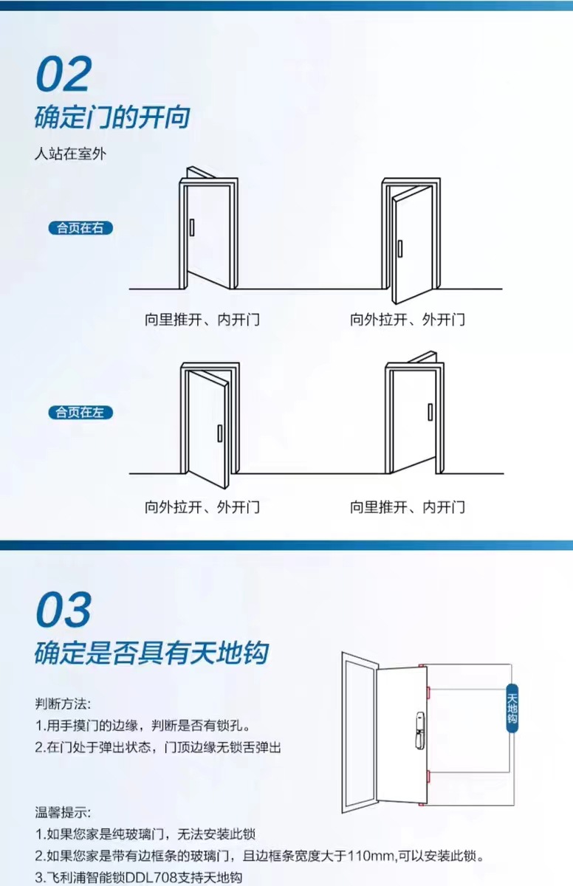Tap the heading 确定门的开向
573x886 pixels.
tap(112, 118)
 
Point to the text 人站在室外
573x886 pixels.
tap(72, 155)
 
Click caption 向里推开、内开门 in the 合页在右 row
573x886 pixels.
tap(202, 320)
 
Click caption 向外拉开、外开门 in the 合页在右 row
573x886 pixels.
tap(407, 320)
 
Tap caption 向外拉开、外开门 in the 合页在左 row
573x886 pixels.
tap(202, 507)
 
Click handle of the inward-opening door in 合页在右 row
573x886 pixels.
tap(191, 227)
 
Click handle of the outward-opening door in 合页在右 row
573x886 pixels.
tap(399, 250)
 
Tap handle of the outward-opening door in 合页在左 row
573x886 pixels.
tap(219, 433)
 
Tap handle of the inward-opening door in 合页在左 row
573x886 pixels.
tap(430, 412)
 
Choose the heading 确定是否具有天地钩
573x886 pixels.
tap(151, 653)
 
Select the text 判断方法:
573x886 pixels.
tap(63, 704)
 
